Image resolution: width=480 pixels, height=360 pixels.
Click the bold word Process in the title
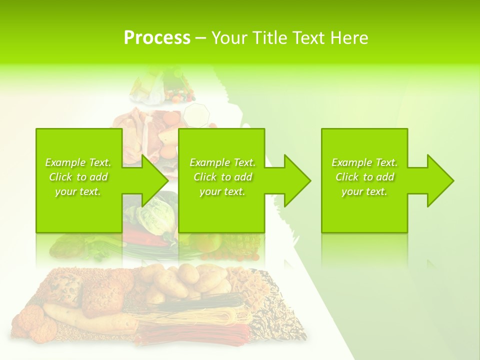click(x=157, y=38)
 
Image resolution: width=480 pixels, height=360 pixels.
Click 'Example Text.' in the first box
click(x=78, y=162)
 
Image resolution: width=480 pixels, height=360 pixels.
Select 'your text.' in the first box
click(x=78, y=191)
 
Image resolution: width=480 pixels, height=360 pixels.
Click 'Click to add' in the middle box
click(x=222, y=177)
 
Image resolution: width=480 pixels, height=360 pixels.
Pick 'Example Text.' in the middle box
click(x=222, y=162)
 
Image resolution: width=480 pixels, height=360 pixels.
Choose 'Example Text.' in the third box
click(x=364, y=162)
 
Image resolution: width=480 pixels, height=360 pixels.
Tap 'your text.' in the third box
click(x=364, y=191)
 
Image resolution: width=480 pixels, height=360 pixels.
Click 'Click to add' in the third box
click(x=364, y=177)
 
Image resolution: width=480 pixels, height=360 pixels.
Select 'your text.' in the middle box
click(x=222, y=191)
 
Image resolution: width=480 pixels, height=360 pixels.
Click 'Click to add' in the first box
click(x=78, y=177)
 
